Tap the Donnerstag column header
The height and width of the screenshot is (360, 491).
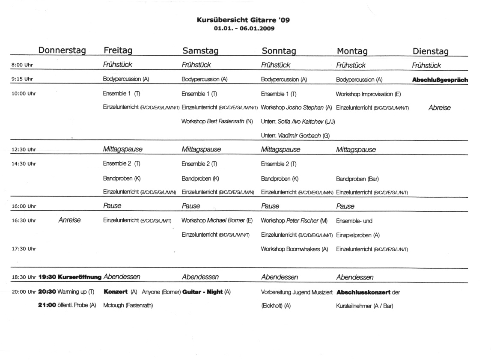click(62, 51)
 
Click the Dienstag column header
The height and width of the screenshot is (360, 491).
click(430, 51)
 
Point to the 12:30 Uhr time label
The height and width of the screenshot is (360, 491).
click(24, 150)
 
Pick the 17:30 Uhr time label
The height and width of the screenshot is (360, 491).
click(24, 249)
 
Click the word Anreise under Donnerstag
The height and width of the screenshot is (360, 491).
click(69, 220)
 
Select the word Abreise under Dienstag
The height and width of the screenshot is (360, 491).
click(439, 108)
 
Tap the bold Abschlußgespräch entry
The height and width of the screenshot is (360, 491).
click(440, 80)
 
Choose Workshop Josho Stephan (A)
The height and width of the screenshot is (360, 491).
click(296, 107)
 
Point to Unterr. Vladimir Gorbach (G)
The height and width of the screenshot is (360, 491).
click(295, 135)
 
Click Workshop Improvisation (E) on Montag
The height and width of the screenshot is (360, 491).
click(369, 94)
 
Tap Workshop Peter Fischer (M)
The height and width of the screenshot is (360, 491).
click(294, 220)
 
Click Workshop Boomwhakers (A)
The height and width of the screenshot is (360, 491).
click(295, 249)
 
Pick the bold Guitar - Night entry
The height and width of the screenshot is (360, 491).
click(202, 292)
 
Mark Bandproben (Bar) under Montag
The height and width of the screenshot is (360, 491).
click(357, 178)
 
